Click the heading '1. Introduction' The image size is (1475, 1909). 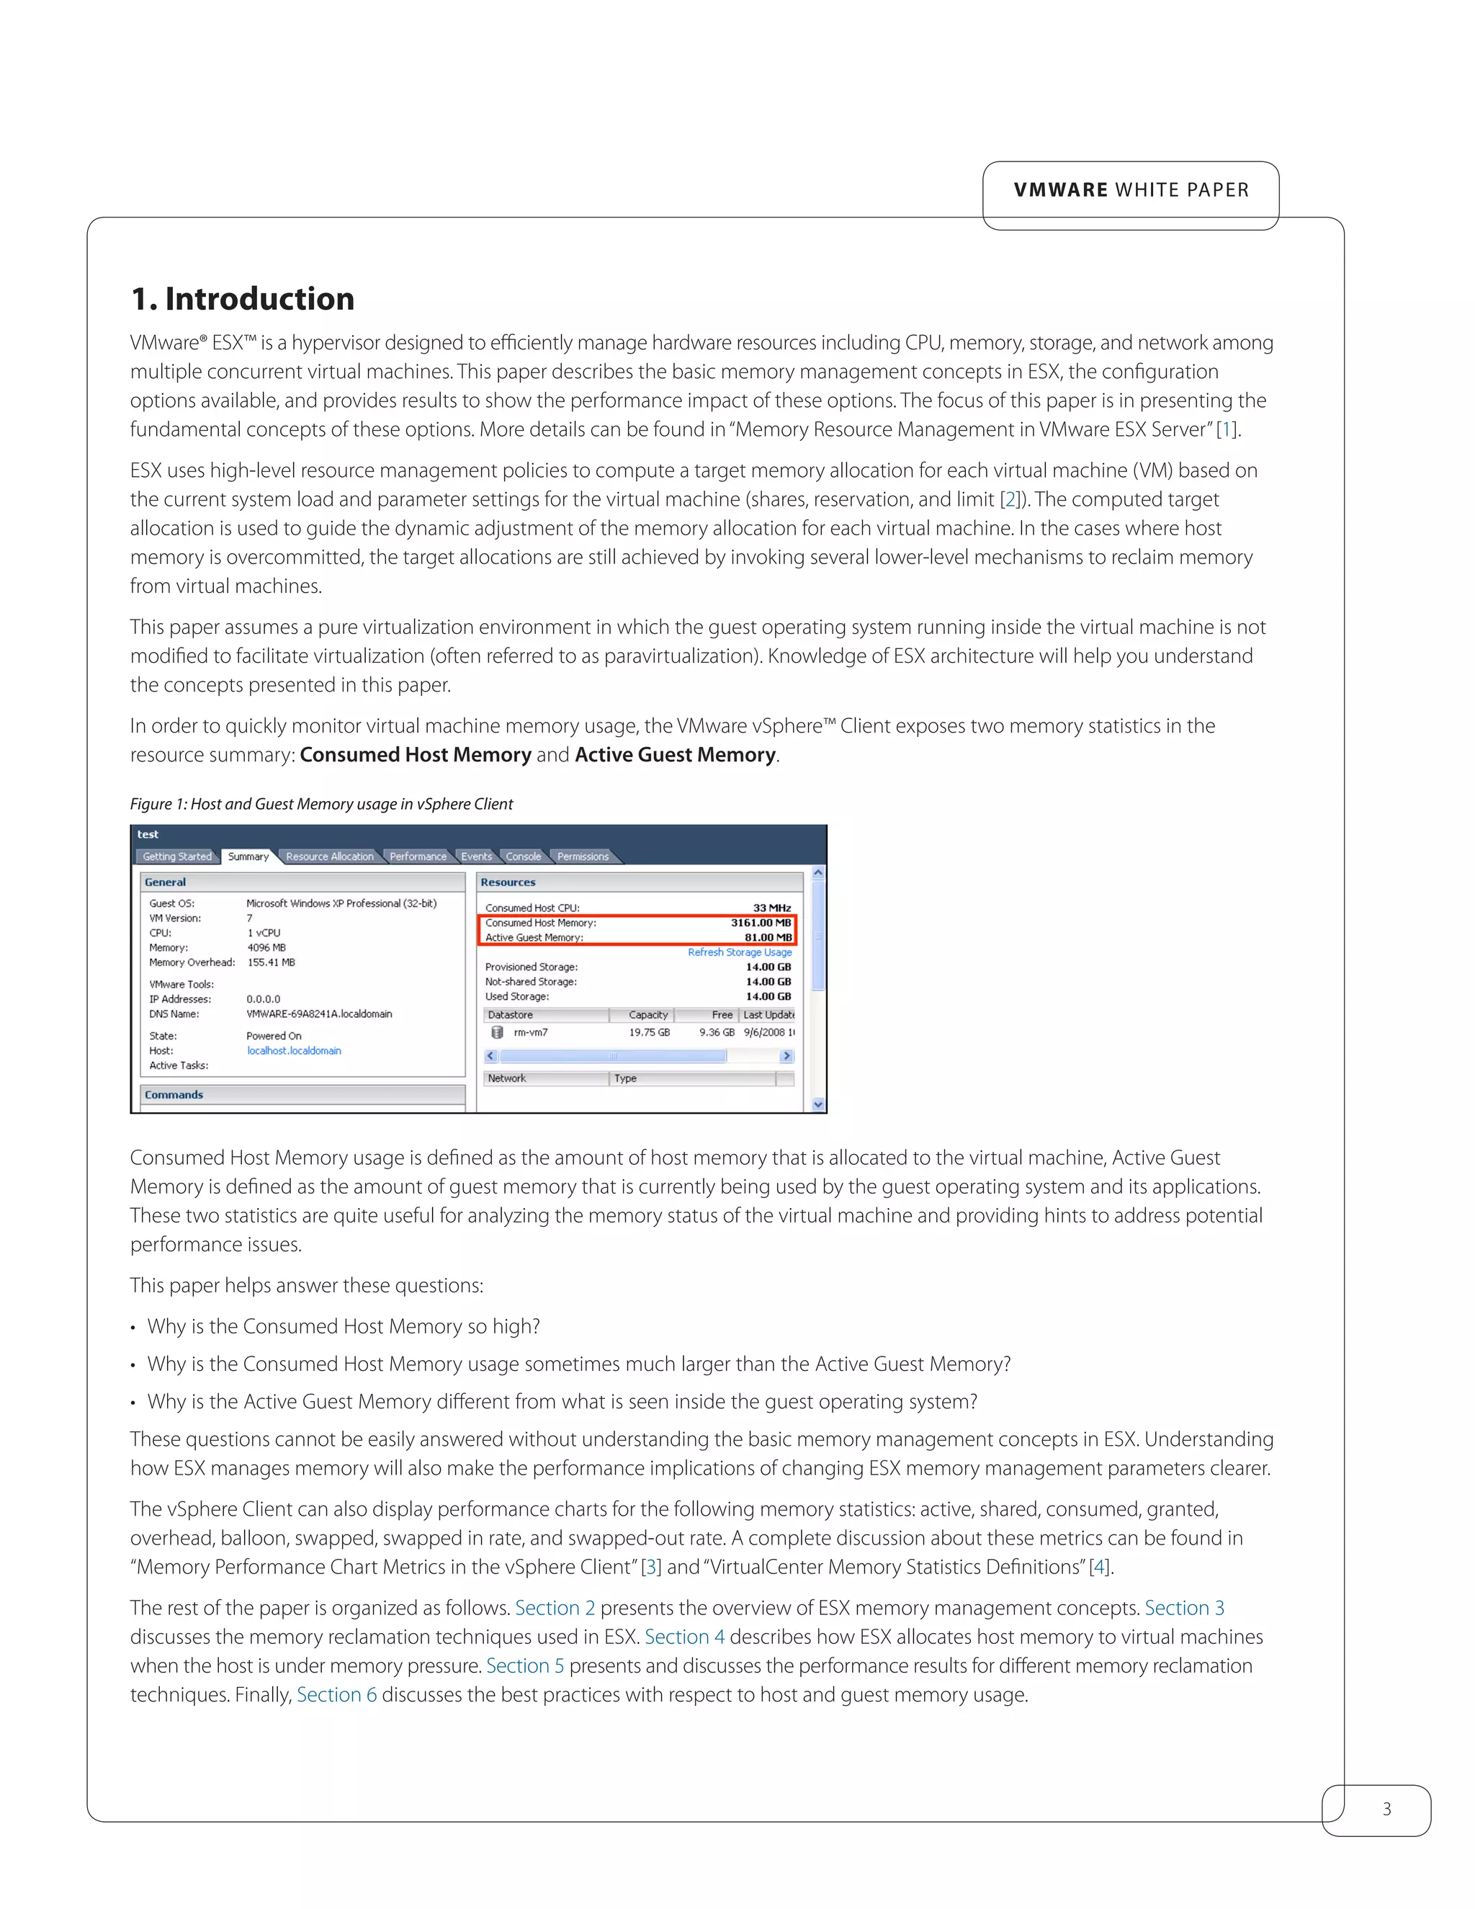click(x=242, y=299)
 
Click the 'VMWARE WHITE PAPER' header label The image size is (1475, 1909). click(x=1131, y=189)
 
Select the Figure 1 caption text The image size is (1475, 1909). click(x=320, y=803)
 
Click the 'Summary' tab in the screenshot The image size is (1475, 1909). click(x=248, y=857)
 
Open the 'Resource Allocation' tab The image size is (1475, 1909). click(x=329, y=857)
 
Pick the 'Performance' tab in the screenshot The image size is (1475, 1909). click(x=418, y=857)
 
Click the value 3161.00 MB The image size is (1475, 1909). click(x=761, y=923)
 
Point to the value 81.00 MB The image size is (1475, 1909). click(x=767, y=938)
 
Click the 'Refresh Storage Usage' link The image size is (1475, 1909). click(x=739, y=953)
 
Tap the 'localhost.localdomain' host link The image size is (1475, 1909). click(x=294, y=1050)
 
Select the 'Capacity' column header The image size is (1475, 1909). click(x=647, y=1015)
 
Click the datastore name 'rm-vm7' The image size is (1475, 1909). click(x=530, y=1032)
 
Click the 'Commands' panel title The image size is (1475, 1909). click(x=174, y=1094)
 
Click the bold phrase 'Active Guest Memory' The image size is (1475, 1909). click(x=675, y=754)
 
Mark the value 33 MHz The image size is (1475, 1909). click(x=771, y=908)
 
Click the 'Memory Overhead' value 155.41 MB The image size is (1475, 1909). click(x=271, y=962)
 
